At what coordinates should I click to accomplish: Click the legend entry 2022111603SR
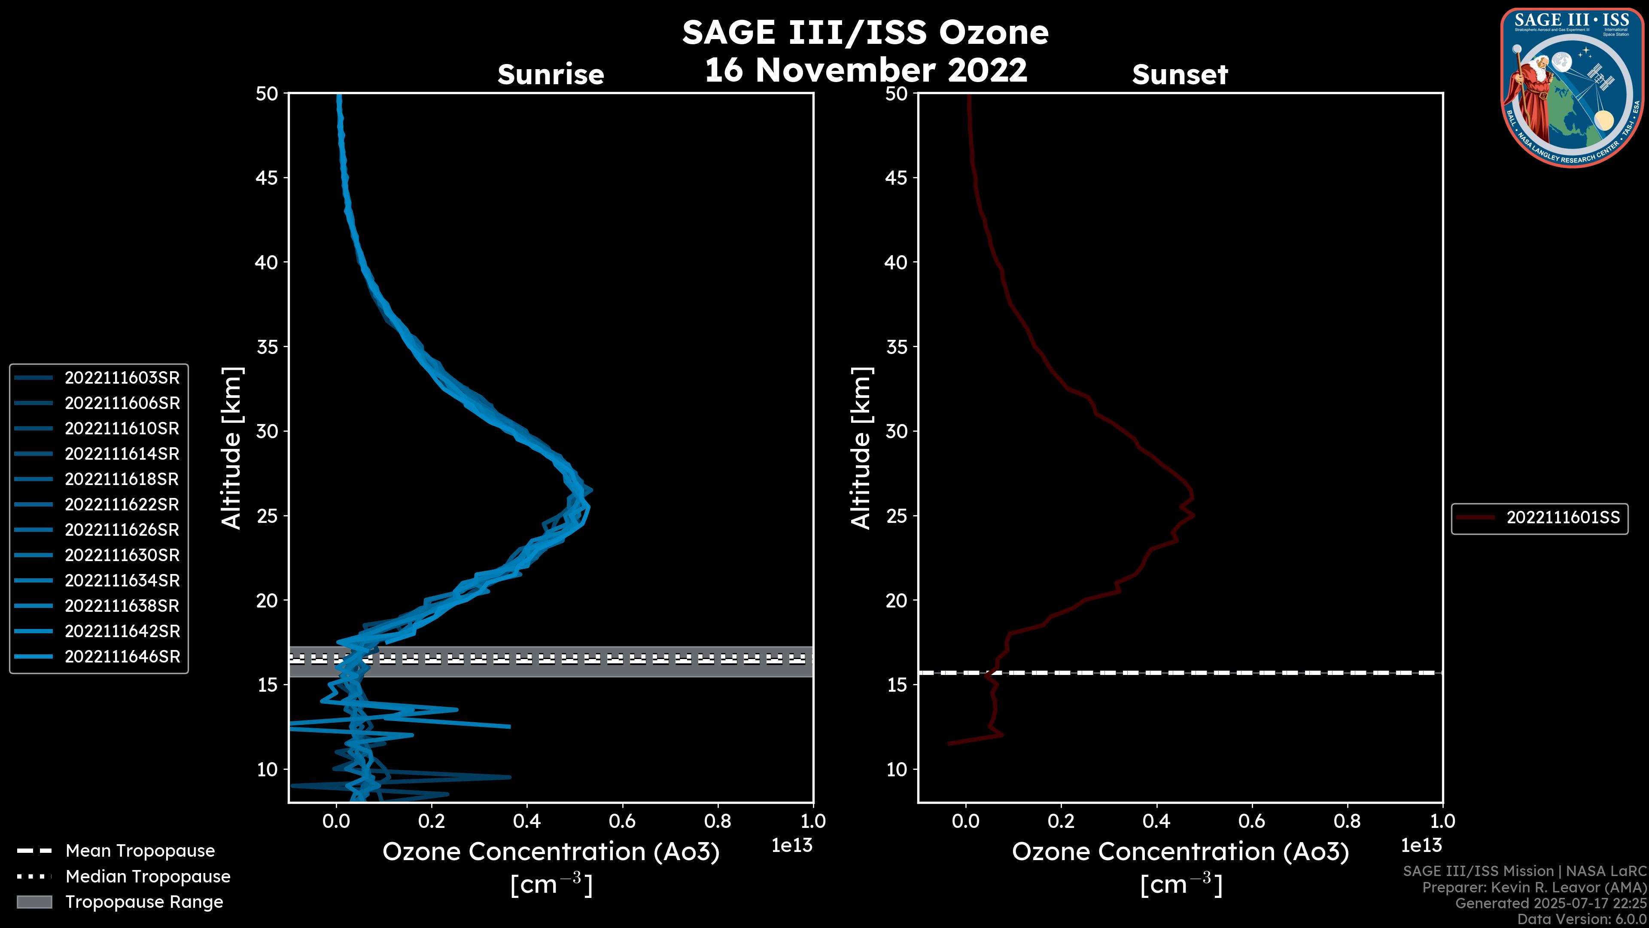122,378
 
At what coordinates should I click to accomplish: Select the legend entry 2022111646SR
122,656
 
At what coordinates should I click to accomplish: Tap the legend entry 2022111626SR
122,530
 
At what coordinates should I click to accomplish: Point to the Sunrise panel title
551,74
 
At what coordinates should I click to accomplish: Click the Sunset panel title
1180,74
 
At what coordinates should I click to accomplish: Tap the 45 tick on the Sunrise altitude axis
267,177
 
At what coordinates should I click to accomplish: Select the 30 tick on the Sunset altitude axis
896,431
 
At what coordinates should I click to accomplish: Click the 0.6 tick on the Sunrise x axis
622,821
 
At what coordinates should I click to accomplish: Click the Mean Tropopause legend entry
140,851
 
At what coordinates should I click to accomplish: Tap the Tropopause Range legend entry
144,902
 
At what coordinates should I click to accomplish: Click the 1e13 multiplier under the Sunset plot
1421,846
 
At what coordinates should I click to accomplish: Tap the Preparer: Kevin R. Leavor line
1534,888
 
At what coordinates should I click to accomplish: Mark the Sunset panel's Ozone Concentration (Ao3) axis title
1180,852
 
